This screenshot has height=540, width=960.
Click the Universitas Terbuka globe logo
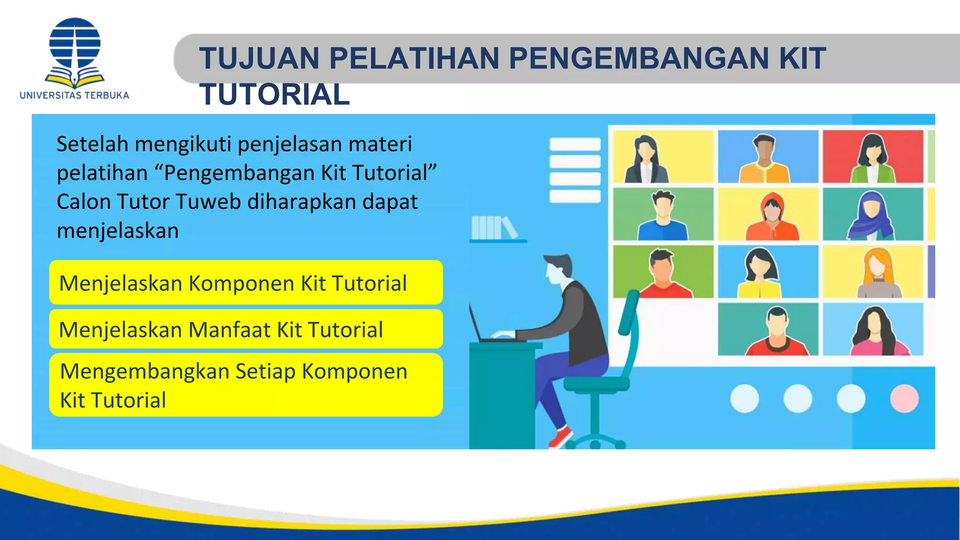[x=75, y=52]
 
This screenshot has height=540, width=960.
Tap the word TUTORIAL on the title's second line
[x=275, y=94]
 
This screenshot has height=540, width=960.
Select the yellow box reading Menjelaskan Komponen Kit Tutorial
[x=246, y=283]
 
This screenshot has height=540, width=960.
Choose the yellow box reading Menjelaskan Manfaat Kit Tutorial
[x=246, y=329]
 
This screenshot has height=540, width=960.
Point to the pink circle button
[x=904, y=398]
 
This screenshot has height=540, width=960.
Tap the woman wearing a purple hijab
[x=871, y=216]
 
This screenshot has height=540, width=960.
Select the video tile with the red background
[x=872, y=157]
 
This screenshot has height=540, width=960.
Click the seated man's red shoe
[x=560, y=436]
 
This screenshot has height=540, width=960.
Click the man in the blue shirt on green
[x=663, y=216]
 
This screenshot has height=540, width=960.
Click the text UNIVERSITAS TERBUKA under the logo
[x=74, y=96]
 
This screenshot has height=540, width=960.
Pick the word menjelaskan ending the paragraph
[x=118, y=231]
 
